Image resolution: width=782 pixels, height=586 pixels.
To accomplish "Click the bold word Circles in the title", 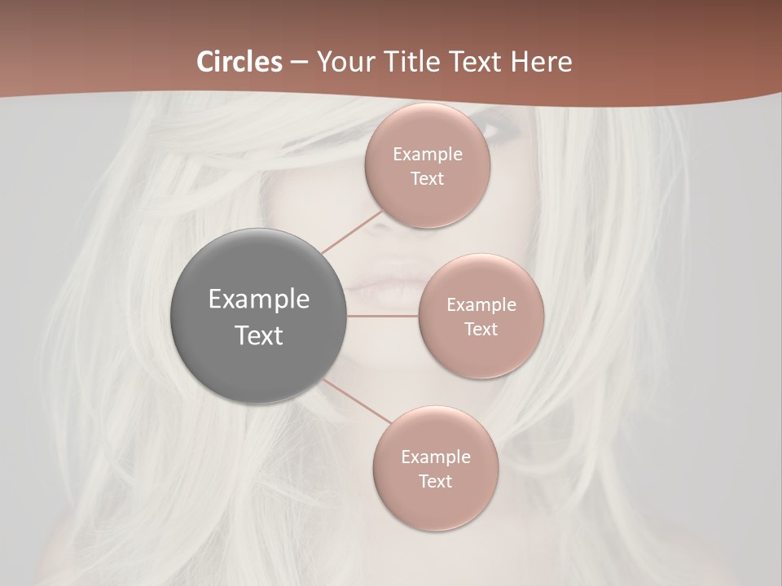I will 239,62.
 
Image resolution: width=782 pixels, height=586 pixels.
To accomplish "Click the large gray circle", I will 258,316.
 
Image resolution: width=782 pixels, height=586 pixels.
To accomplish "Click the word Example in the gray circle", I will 258,300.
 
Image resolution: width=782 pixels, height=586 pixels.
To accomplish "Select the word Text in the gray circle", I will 258,335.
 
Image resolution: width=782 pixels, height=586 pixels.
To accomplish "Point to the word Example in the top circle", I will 428,155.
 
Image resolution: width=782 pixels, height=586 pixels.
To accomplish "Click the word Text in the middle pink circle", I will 481,330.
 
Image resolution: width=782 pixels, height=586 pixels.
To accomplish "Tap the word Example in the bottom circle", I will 435,457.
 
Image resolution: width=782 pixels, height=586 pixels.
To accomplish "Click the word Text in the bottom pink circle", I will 435,482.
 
